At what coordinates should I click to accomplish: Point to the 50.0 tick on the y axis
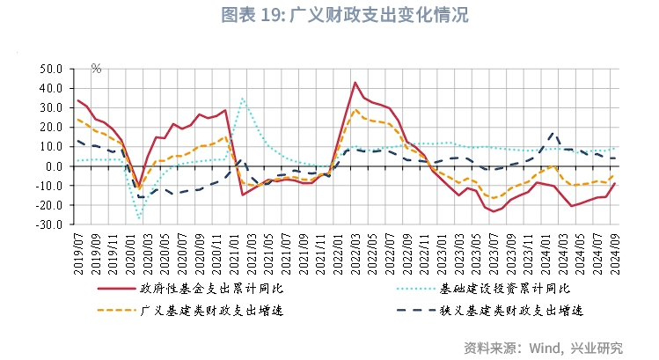coord(50,69)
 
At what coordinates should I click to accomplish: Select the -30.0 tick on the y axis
coord(49,224)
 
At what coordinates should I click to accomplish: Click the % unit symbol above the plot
coord(96,69)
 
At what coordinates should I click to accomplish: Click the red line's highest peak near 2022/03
coord(355,83)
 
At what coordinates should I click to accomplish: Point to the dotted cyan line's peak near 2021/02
coord(242,99)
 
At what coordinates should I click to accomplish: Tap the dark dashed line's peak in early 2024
coord(552,133)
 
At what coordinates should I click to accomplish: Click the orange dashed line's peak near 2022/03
coord(355,110)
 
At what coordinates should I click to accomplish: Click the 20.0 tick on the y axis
coord(50,127)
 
